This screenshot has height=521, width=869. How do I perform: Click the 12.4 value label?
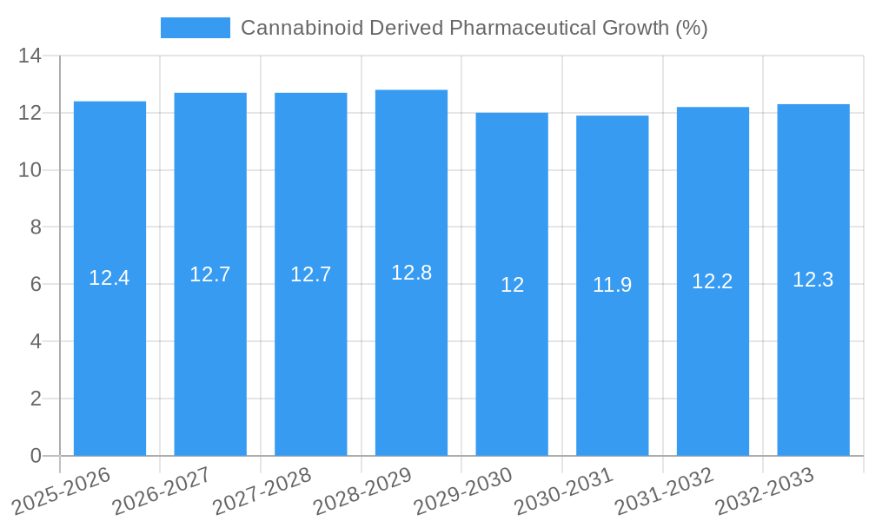pos(109,279)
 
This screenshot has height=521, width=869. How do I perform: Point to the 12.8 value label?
pos(411,273)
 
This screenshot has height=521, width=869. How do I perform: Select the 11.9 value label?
pos(612,285)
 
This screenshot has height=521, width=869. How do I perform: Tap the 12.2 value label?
pos(713,281)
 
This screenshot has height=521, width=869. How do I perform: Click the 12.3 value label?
pos(813,280)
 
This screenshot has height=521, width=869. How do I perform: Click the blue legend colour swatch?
pos(196,28)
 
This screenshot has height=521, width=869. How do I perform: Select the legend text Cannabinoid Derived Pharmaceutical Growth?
pos(474,28)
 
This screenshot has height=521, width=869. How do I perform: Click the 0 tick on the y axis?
pos(36,456)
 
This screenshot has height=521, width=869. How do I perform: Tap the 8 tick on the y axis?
pos(36,228)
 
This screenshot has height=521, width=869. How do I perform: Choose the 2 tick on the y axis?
pos(36,399)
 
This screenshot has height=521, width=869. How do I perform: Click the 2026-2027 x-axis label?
pos(161,491)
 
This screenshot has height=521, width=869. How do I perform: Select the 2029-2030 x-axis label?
pos(462,491)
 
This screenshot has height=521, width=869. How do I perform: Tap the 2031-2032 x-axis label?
pos(664,491)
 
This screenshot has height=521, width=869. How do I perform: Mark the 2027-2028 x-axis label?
pos(262,491)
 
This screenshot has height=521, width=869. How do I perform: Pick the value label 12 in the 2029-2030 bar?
pos(512,285)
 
